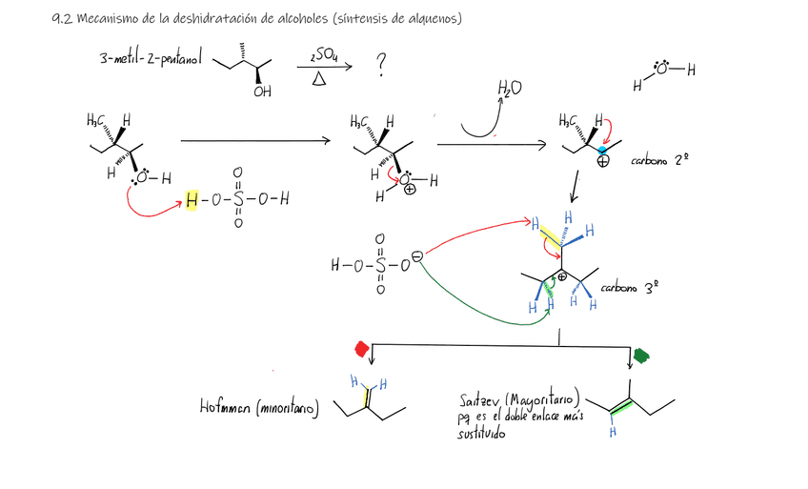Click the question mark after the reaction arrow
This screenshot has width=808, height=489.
pos(381,64)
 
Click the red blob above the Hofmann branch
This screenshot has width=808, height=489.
pos(362,348)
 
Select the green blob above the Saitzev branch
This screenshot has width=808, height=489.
pos(640,356)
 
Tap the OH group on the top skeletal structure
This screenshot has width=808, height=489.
pos(262,92)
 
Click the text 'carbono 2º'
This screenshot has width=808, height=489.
pos(659,161)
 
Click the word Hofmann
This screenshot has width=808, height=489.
pos(222,409)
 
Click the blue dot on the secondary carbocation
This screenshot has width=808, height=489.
pos(601,151)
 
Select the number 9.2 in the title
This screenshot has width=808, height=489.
pos(62,18)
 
